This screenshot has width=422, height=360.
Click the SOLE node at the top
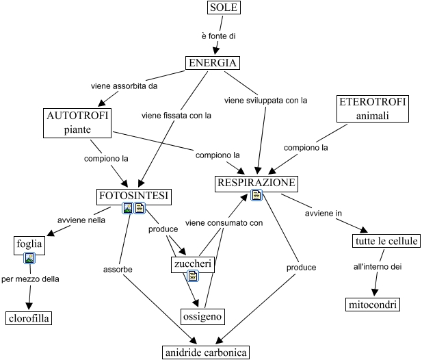pos(224,8)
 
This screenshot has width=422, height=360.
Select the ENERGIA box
pos(213,64)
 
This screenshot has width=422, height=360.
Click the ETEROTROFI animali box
pos(372,108)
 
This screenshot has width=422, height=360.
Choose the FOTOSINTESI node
pos(134,196)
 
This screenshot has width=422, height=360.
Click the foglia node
pos(29,244)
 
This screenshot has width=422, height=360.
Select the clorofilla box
pos(29,318)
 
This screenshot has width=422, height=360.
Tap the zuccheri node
pos(192,263)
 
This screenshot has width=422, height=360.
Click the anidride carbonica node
pos(205,352)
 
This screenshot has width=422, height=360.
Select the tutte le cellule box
pos(386,241)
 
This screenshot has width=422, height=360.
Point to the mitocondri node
pos(371,304)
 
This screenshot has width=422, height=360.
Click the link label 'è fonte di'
pos(219,36)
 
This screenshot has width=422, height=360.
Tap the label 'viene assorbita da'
pos(124,86)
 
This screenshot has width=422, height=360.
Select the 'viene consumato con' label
pos(224,222)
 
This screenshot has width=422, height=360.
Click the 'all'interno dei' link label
pos(377,266)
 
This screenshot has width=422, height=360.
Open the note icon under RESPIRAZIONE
pos(256,196)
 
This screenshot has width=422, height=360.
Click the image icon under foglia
pos(29,258)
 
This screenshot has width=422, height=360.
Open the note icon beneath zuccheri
pos(193,277)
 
